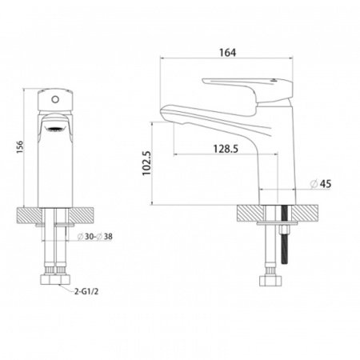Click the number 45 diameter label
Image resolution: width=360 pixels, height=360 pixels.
tap(326, 183)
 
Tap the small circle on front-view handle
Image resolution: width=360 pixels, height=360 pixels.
tap(55, 100)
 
